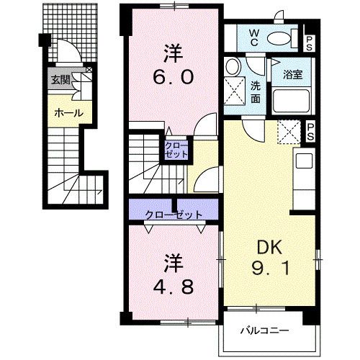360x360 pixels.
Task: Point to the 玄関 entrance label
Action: tap(59, 80)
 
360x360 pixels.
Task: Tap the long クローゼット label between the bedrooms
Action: tap(173, 214)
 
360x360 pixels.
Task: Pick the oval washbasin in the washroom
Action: tap(233, 67)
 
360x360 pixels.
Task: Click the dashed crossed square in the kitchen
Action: tap(288, 132)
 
